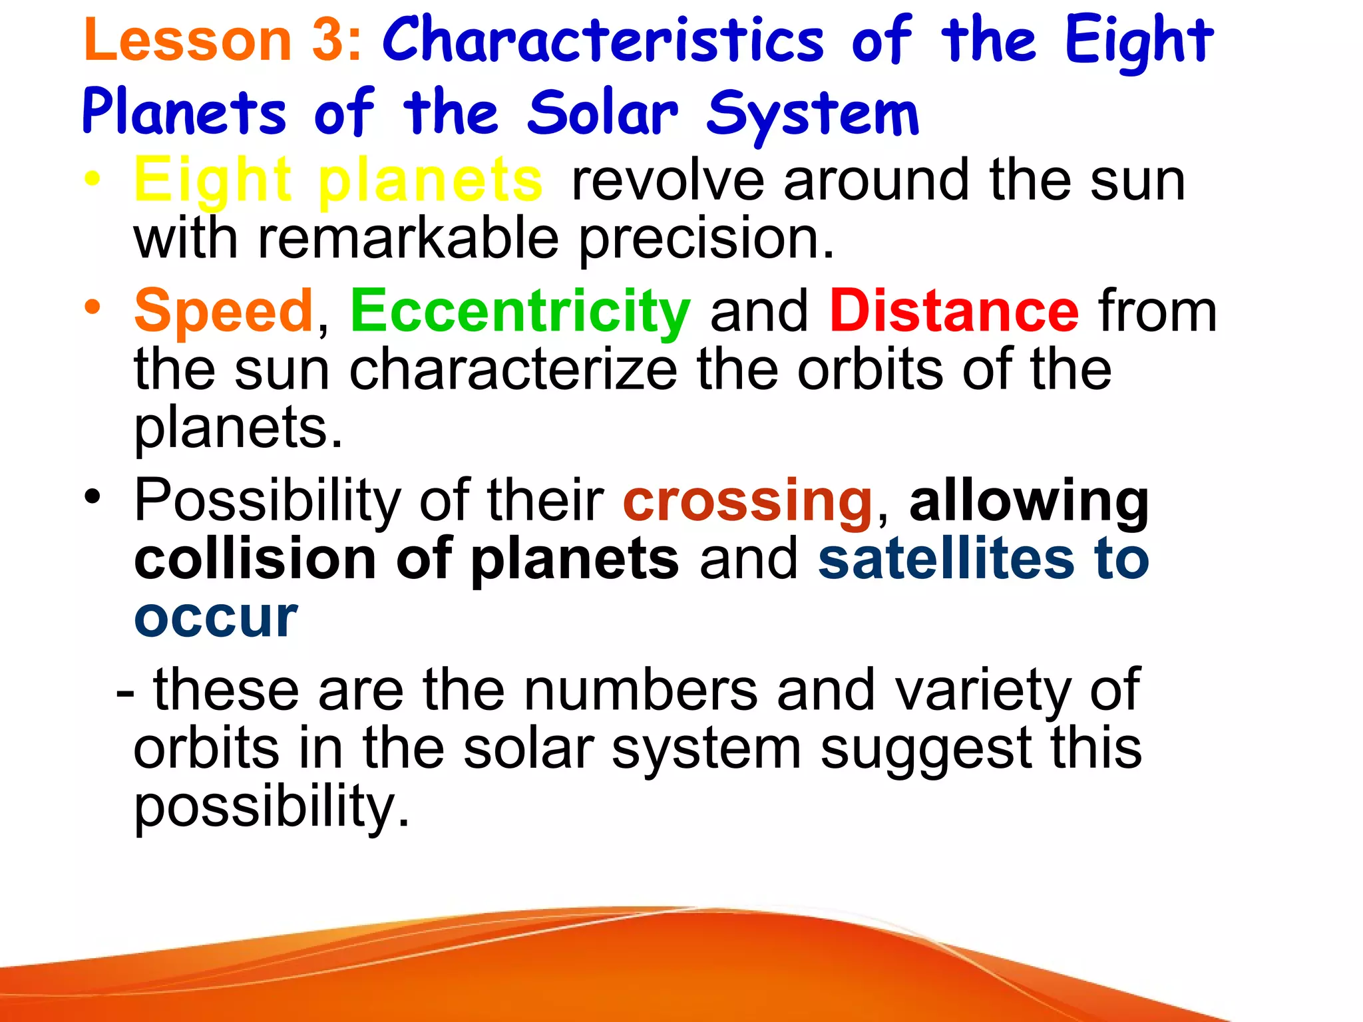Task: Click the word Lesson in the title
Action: tap(188, 40)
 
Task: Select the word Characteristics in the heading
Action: tap(603, 40)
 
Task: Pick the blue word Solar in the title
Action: tap(603, 113)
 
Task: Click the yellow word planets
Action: tap(430, 181)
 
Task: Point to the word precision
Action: tap(705, 240)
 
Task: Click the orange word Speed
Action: tap(224, 311)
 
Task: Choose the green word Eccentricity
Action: tap(520, 311)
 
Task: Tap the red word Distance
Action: tap(954, 311)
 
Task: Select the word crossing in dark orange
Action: tap(747, 500)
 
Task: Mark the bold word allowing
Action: tap(1029, 502)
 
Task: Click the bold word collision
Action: tap(255, 559)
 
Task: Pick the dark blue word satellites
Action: tap(946, 559)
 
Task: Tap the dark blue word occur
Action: tap(215, 618)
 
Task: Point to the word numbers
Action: tap(640, 691)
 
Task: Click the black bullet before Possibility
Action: tap(93, 497)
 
